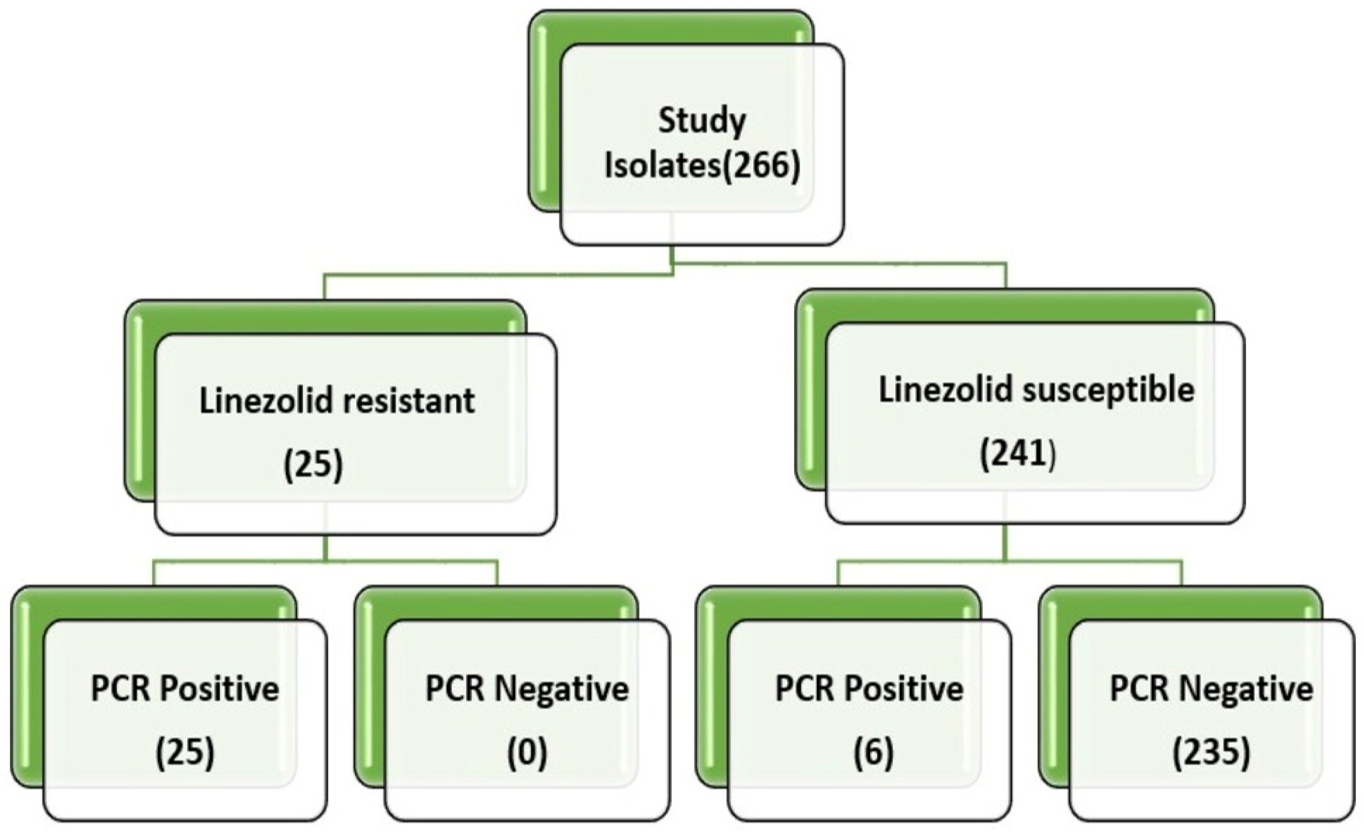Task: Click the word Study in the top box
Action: click(x=702, y=122)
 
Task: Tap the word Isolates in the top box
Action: click(x=664, y=166)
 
